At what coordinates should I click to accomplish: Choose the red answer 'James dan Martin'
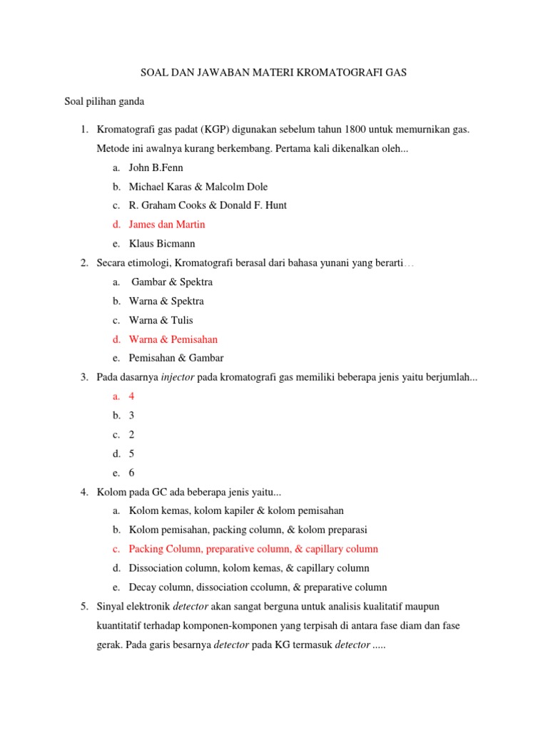point(167,225)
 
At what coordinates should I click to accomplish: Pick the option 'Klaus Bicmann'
point(162,244)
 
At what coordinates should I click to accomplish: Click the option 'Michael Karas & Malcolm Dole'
point(198,187)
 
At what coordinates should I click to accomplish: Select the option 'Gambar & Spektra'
point(172,282)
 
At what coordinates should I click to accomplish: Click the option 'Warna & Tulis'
point(161,320)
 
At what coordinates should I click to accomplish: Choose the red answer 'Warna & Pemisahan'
point(173,339)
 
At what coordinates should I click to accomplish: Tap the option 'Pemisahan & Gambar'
point(176,359)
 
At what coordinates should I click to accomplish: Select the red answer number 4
point(131,396)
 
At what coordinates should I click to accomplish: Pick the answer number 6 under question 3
point(131,473)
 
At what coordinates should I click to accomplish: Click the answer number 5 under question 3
point(131,453)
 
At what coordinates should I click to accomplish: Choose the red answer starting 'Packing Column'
point(253,549)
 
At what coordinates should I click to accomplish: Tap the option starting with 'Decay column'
point(258,587)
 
